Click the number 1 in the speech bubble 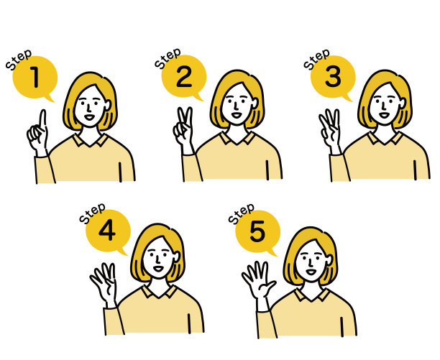tap(35, 77)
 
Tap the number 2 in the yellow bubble tap(184, 76)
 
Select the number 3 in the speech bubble tap(333, 76)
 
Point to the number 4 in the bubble tap(107, 230)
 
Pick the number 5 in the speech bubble tap(257, 231)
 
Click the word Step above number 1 tap(19, 60)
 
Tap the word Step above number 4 tap(92, 213)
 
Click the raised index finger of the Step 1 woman tap(42, 119)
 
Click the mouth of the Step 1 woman tap(89, 116)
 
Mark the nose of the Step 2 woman tap(236, 106)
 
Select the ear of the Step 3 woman tap(402, 103)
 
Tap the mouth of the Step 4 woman tap(158, 269)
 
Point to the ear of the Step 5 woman tap(329, 260)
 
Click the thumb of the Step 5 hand tap(269, 287)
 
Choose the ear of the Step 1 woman tap(107, 105)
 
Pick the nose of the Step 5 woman tap(310, 263)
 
